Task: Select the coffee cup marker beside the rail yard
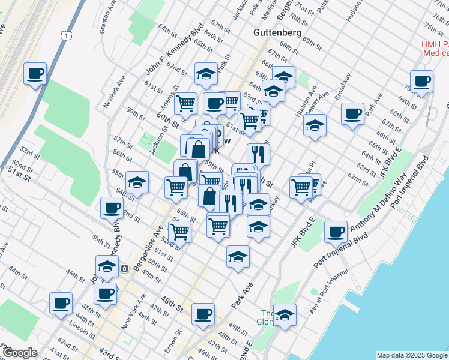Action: coord(35,74)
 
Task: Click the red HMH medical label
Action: coord(430,48)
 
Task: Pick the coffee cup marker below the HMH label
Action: coord(421,81)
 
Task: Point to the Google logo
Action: coord(20,352)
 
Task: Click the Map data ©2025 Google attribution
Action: coord(411,355)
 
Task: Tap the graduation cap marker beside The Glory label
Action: coord(285,314)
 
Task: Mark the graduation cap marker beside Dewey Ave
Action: coord(315,125)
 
